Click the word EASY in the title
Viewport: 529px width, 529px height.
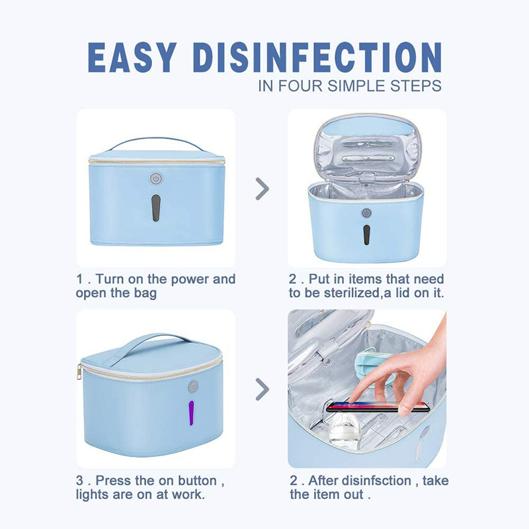pyautogui.click(x=132, y=58)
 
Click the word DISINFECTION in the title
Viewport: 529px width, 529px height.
pyautogui.click(x=317, y=58)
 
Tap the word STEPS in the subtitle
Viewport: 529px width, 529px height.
pyautogui.click(x=416, y=86)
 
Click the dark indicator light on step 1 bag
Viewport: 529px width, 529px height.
pyautogui.click(x=155, y=208)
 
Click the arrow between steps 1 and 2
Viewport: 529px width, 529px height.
pyautogui.click(x=262, y=188)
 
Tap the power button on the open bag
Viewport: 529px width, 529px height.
pyautogui.click(x=367, y=213)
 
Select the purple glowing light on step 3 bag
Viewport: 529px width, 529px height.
pyautogui.click(x=191, y=413)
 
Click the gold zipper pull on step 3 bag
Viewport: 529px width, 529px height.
pyautogui.click(x=79, y=372)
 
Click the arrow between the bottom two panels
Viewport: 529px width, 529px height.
pyautogui.click(x=262, y=389)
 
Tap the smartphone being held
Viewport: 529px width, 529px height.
pyautogui.click(x=377, y=407)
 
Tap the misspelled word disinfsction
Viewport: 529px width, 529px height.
pyautogui.click(x=360, y=481)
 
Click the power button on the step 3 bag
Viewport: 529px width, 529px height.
pyautogui.click(x=193, y=387)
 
